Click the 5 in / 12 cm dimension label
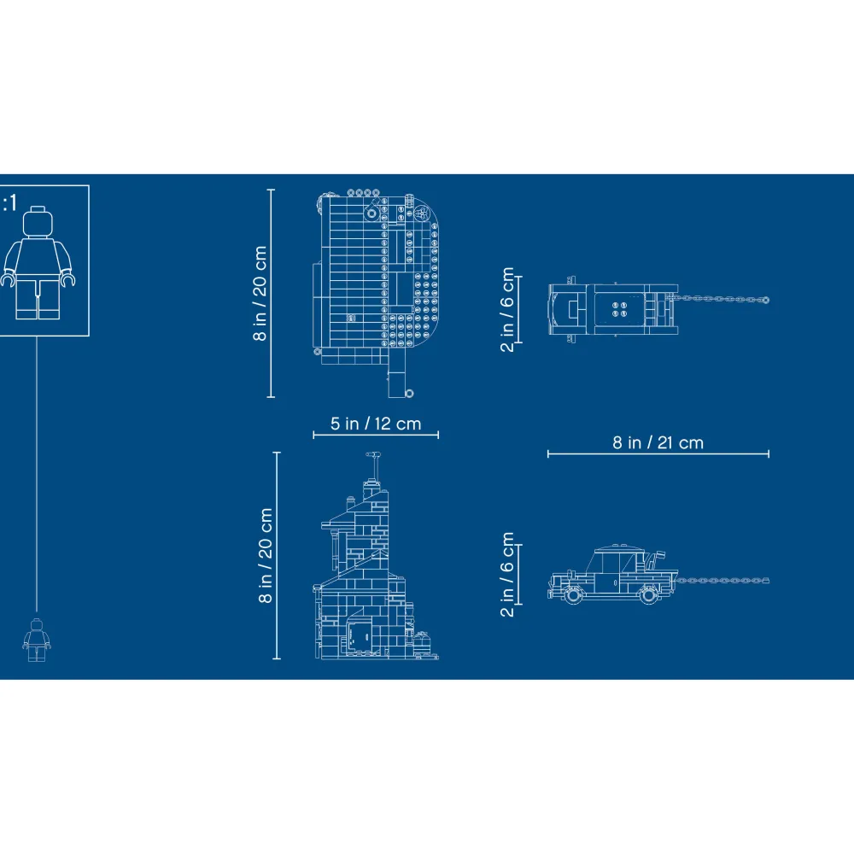click(x=376, y=424)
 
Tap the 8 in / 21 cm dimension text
click(x=658, y=442)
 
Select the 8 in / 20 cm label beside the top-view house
click(x=260, y=294)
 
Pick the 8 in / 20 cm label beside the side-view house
click(x=266, y=556)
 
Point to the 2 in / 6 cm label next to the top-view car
click(x=507, y=309)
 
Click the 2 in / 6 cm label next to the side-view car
click(x=507, y=574)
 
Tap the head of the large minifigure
click(x=38, y=222)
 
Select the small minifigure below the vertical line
click(x=37, y=640)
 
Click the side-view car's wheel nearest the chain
click(x=649, y=594)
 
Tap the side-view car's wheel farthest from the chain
click(x=572, y=594)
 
